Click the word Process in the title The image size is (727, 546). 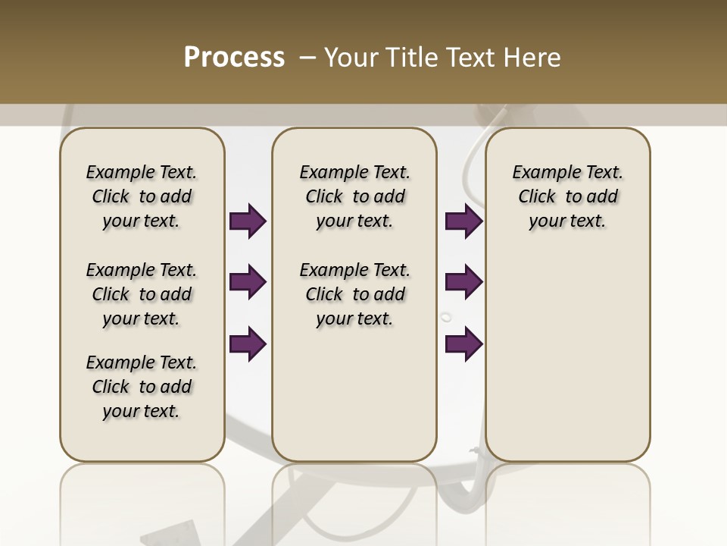pyautogui.click(x=234, y=58)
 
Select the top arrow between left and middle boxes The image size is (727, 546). pyautogui.click(x=248, y=221)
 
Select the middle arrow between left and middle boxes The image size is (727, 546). pyautogui.click(x=248, y=282)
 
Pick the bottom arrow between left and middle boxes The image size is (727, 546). pyautogui.click(x=248, y=344)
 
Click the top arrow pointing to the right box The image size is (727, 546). pyautogui.click(x=463, y=221)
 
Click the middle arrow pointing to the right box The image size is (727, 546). pyautogui.click(x=463, y=282)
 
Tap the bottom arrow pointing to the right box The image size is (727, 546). pyautogui.click(x=463, y=344)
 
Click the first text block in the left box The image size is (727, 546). pyautogui.click(x=142, y=196)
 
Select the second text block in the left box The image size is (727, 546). pyautogui.click(x=142, y=294)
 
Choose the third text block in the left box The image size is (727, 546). pyautogui.click(x=142, y=387)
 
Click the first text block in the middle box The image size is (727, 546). pyautogui.click(x=354, y=196)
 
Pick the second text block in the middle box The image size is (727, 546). pyautogui.click(x=354, y=294)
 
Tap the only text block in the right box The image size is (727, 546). pyautogui.click(x=567, y=196)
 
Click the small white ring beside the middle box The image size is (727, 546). pyautogui.click(x=446, y=317)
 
